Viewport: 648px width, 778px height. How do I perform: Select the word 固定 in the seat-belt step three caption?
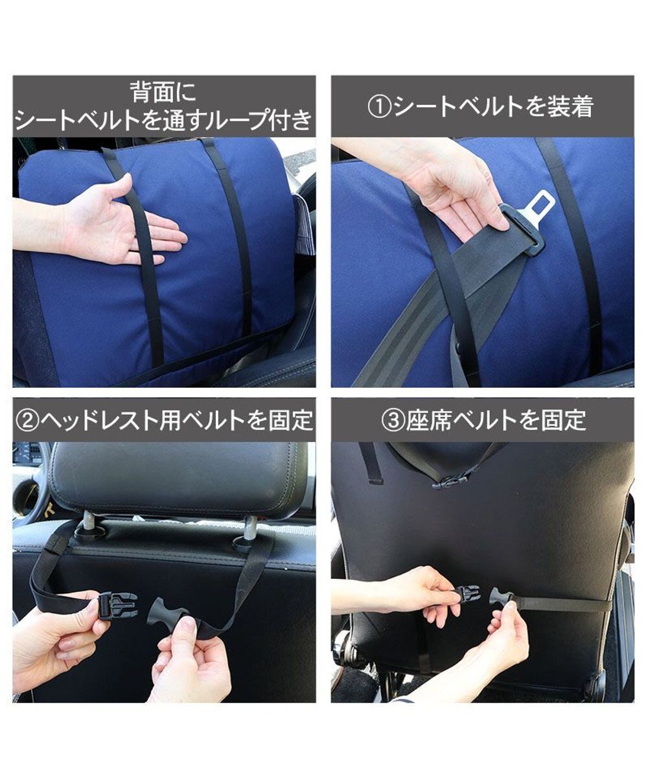564,421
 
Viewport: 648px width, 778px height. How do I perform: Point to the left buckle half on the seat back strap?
467,595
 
